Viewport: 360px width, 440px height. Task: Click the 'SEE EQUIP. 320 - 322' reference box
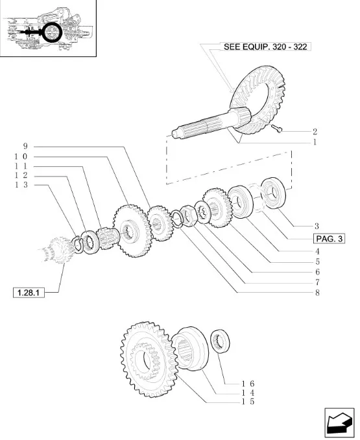coord(266,47)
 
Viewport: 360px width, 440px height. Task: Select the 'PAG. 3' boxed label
coord(329,239)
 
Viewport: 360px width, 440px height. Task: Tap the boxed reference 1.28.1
coord(29,293)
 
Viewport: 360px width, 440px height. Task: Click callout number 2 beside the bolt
coord(315,131)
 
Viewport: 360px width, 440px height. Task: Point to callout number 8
coord(317,293)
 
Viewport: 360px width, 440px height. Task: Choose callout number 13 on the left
coord(21,185)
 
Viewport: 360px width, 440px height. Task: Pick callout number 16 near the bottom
coord(248,384)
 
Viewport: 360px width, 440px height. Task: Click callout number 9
coord(25,146)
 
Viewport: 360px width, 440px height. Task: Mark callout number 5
coord(317,262)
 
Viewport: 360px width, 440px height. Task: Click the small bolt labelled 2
coord(277,128)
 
